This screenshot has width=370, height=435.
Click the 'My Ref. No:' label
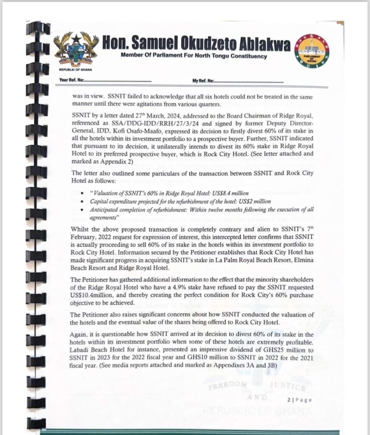pyautogui.click(x=203, y=80)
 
